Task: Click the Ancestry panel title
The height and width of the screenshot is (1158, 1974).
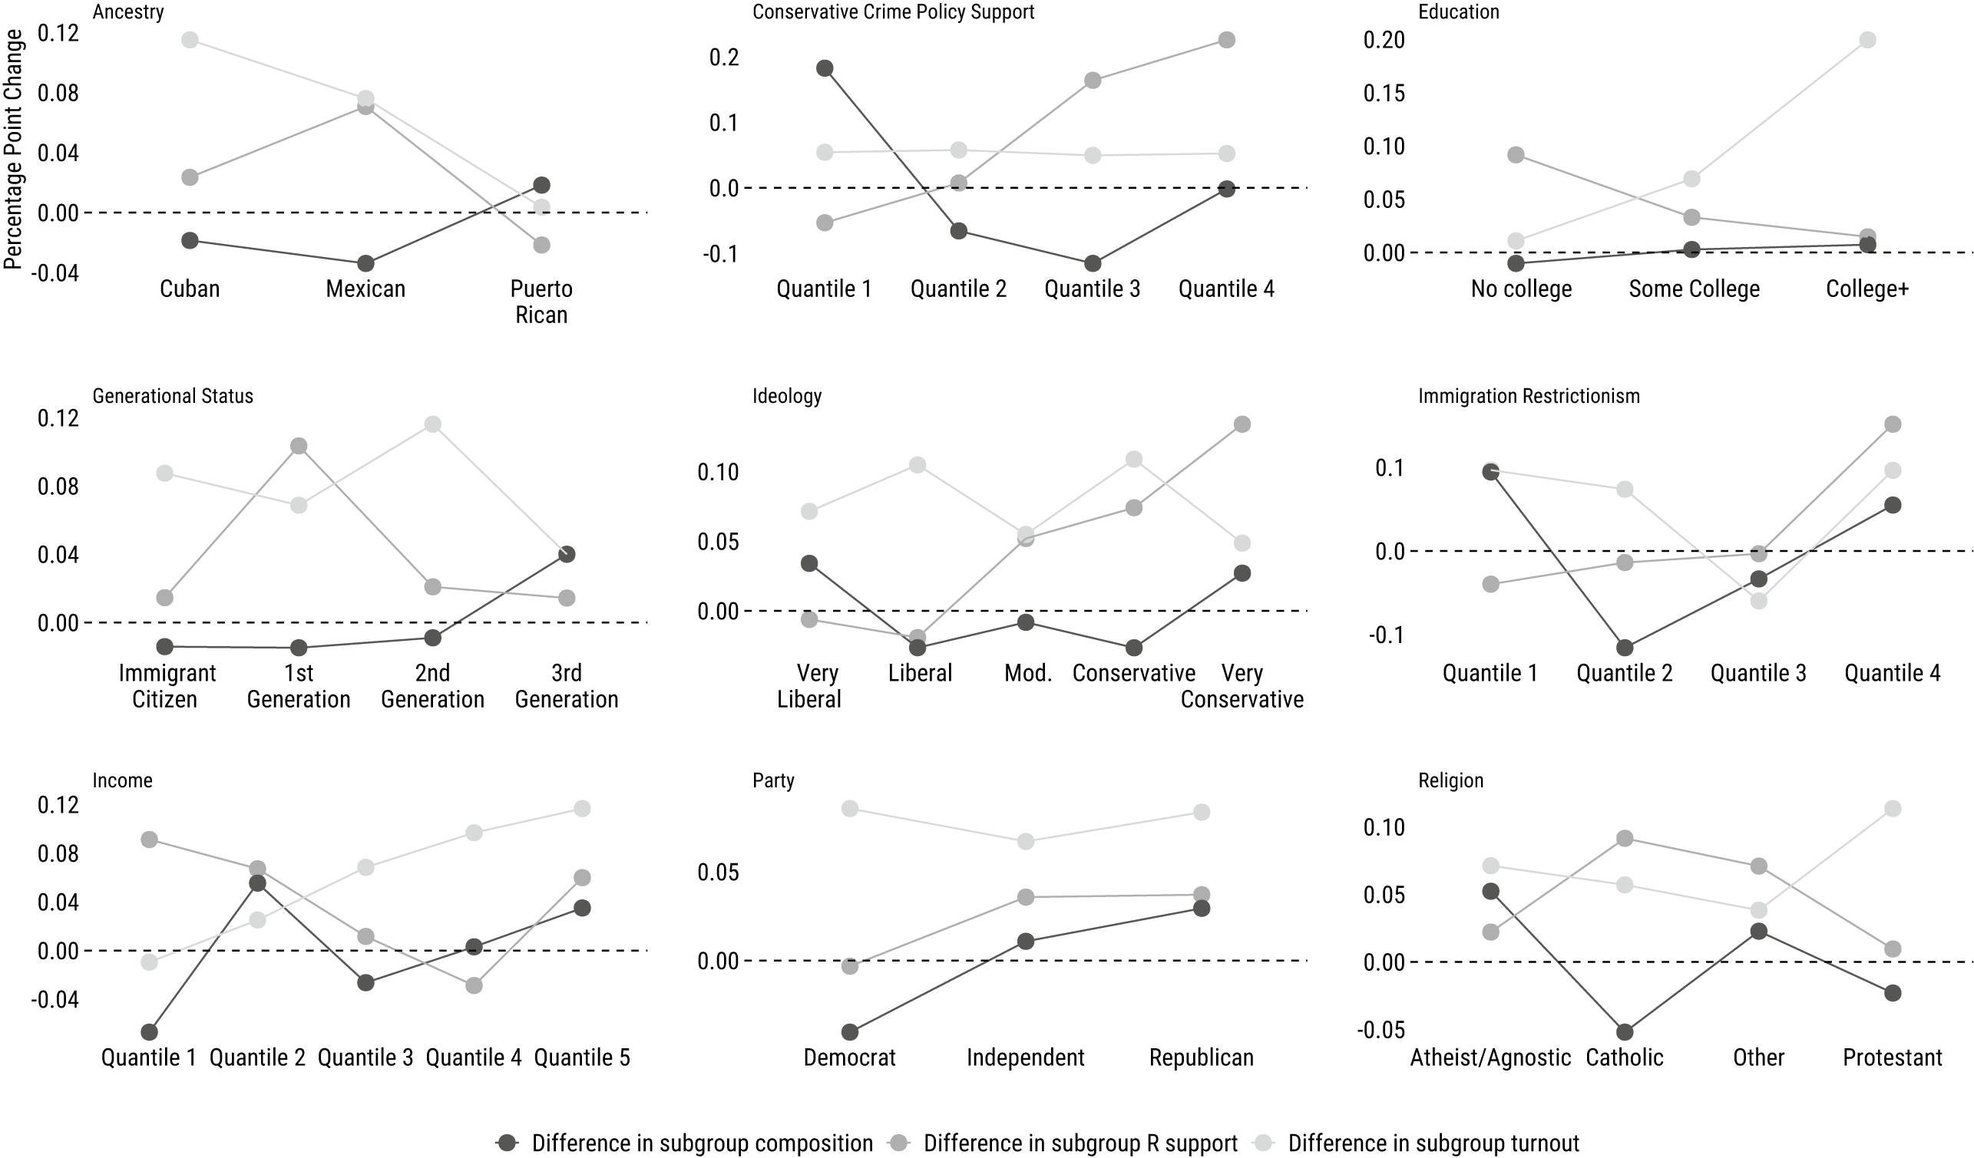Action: pos(127,12)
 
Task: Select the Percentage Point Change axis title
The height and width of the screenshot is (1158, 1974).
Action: pos(13,150)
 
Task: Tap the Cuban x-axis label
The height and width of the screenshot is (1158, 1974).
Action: pos(190,289)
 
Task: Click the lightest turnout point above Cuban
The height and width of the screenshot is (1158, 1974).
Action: pos(190,40)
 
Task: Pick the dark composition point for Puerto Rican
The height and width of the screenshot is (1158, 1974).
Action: pos(541,186)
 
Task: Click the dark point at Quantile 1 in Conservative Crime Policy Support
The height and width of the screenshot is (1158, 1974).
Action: pos(824,68)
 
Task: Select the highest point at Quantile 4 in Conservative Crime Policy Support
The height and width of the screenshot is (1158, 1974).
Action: pos(1227,40)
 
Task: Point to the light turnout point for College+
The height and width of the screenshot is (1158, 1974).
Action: pos(1867,40)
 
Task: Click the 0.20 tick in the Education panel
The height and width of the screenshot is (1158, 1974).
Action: pos(1384,40)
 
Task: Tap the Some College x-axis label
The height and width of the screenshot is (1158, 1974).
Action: pos(1695,289)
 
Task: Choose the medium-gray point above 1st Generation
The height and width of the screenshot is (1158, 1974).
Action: pos(299,447)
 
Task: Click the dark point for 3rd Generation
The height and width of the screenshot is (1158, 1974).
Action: pos(567,554)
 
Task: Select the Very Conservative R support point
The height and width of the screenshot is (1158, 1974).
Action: pos(1242,424)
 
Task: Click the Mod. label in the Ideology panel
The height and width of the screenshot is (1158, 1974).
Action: pos(1028,673)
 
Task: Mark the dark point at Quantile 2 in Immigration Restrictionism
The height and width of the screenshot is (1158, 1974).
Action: pos(1625,648)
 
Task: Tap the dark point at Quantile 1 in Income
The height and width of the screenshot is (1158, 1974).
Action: pos(149,1032)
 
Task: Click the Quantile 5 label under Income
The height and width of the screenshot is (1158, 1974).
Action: pos(581,1057)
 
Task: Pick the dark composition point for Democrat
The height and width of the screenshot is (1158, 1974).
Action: pos(850,1032)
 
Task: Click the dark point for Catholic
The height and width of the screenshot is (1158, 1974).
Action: pos(1625,1032)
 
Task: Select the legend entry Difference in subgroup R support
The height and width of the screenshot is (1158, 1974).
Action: pos(1080,1143)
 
